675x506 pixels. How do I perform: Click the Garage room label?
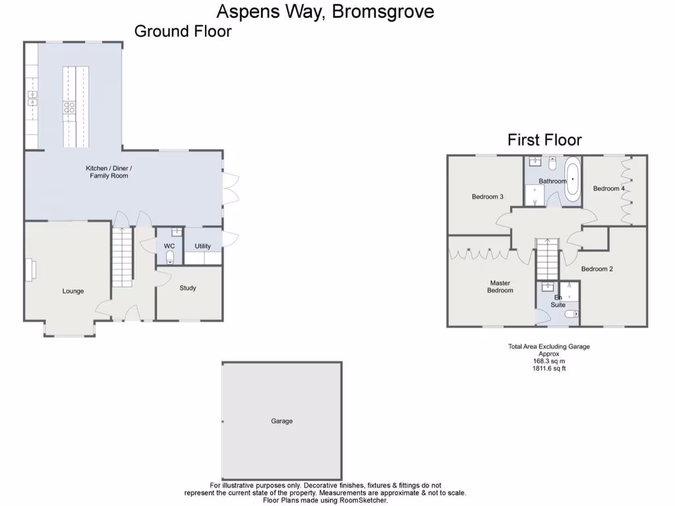[281, 421]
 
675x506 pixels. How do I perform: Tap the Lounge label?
[73, 291]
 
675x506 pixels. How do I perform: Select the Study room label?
[188, 288]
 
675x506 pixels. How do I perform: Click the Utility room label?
[202, 246]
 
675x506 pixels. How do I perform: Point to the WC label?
[169, 246]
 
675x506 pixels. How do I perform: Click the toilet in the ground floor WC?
[170, 256]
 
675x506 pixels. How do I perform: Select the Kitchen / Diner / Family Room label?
[109, 172]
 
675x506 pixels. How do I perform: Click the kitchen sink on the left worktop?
[31, 98]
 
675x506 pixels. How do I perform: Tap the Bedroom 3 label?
[488, 196]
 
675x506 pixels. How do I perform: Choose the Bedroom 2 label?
[597, 269]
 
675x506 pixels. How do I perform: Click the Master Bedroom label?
[500, 287]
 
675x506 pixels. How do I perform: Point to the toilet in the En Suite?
[571, 314]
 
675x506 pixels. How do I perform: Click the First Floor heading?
[544, 140]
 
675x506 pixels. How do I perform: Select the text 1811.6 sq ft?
[548, 368]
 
